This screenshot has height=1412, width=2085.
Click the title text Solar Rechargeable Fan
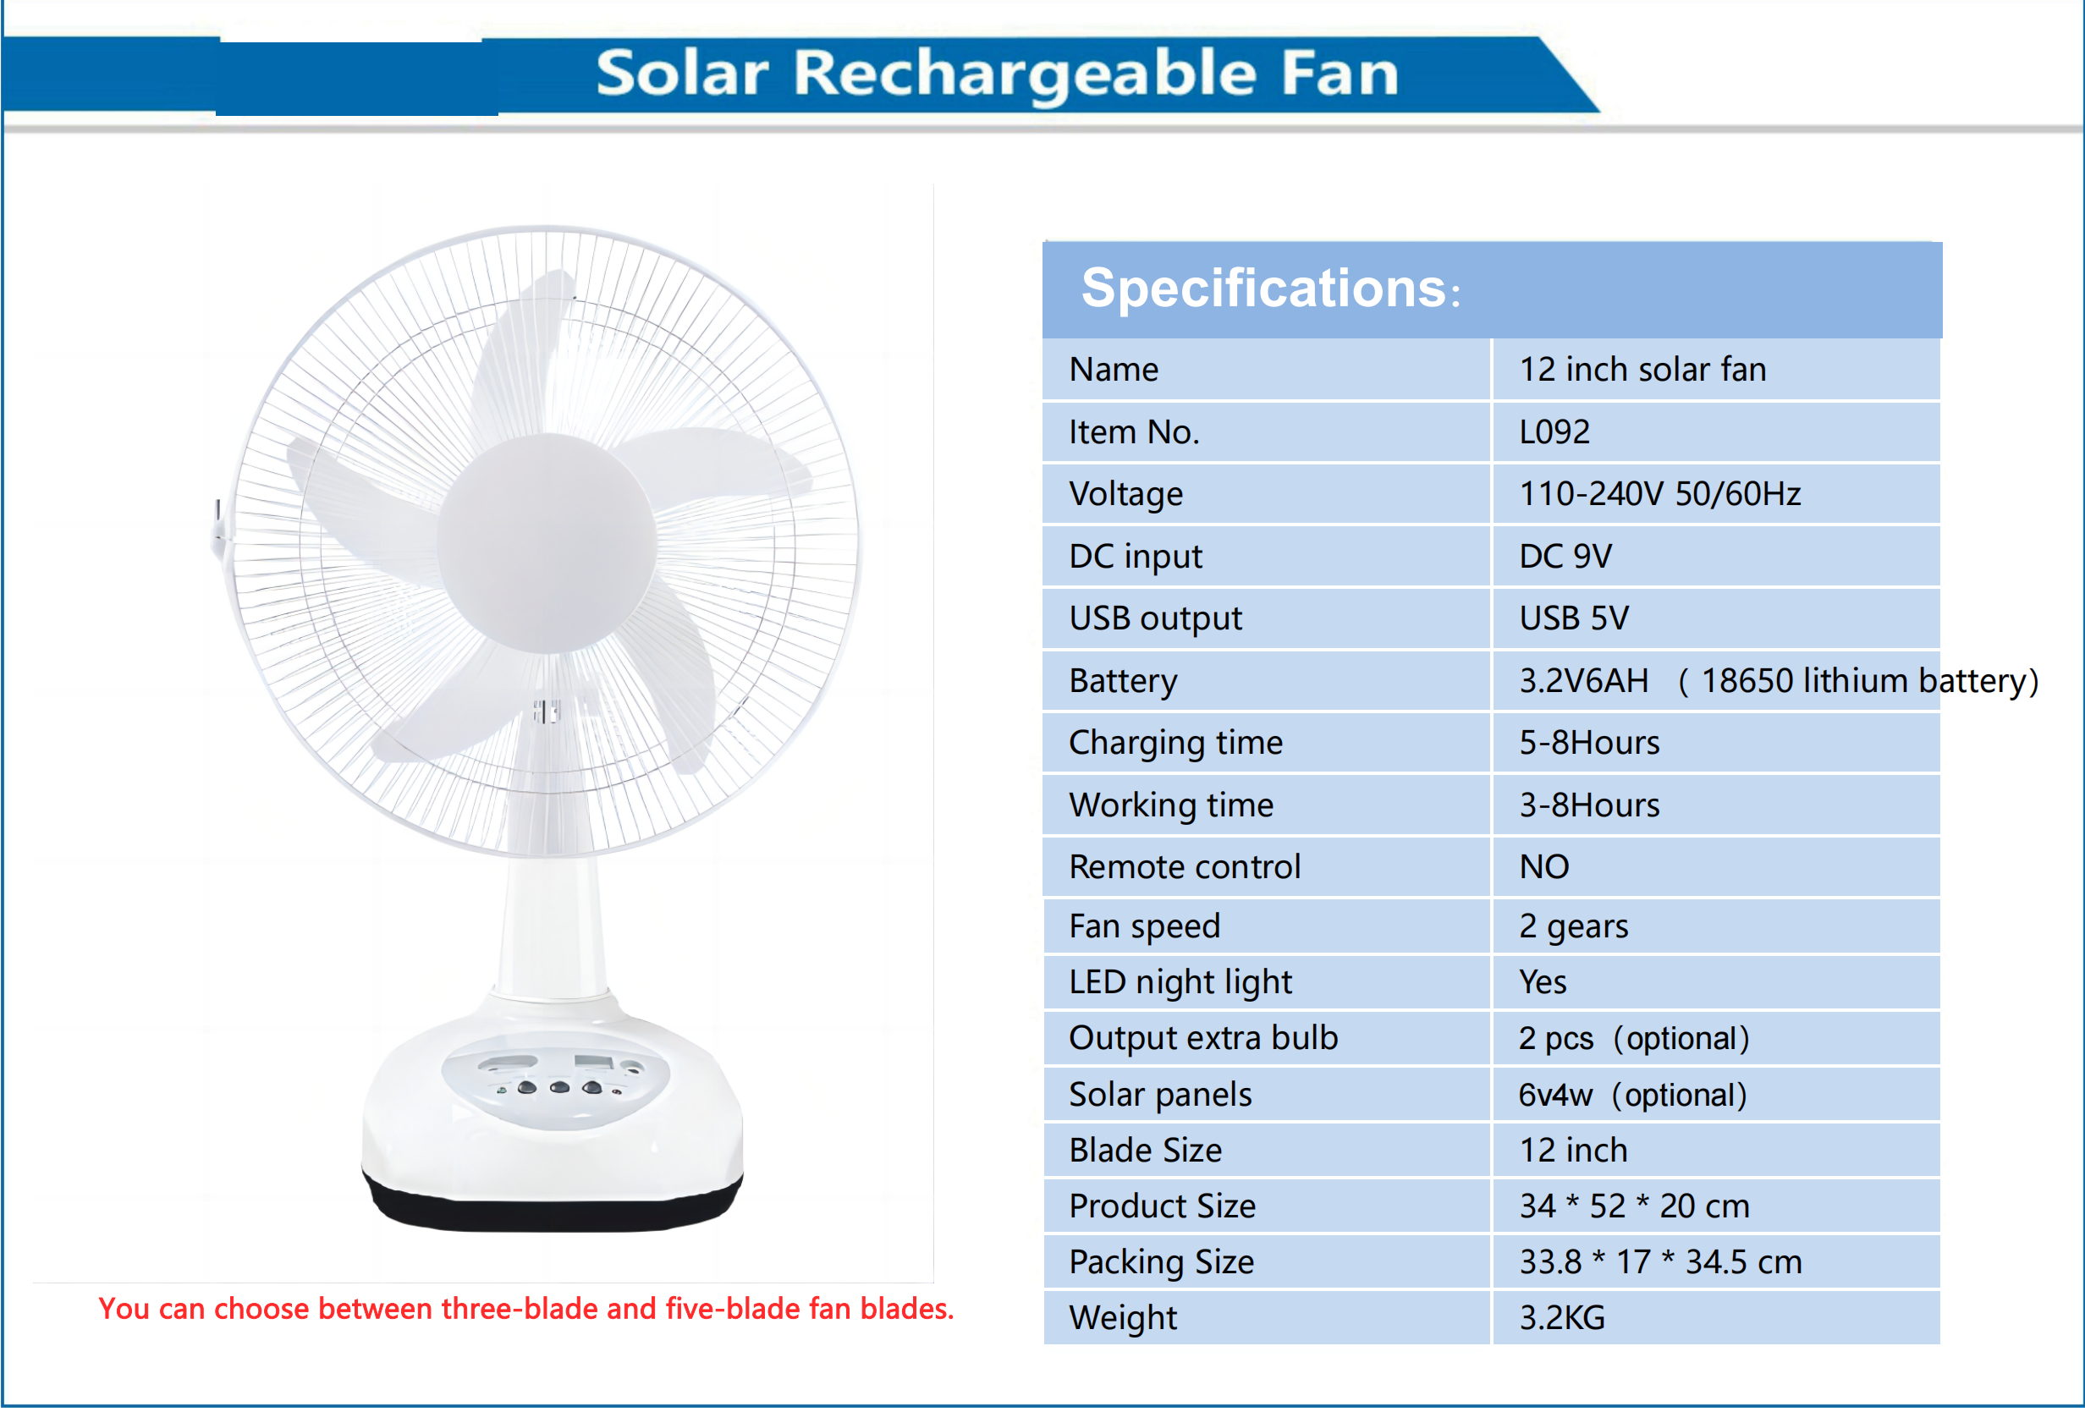tap(997, 73)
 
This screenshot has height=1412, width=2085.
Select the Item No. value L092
tap(1554, 432)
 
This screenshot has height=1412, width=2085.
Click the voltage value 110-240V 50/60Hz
tap(1659, 494)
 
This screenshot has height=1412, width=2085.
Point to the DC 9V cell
tap(1565, 556)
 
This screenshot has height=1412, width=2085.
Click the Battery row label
tap(1122, 681)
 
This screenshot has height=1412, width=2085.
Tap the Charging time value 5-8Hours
tap(1588, 743)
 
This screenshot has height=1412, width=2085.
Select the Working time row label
tap(1171, 805)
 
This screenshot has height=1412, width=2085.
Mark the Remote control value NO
tap(1543, 866)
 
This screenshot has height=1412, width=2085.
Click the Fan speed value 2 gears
tap(1573, 926)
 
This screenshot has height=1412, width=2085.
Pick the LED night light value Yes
tap(1543, 982)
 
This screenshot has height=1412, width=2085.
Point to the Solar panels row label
tap(1160, 1095)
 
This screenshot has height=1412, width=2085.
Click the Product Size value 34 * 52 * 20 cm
tap(1634, 1206)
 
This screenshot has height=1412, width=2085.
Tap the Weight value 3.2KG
tap(1561, 1318)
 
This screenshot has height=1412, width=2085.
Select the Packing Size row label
tap(1161, 1262)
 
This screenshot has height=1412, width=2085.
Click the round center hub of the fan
tap(547, 543)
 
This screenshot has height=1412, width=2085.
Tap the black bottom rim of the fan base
tap(552, 1211)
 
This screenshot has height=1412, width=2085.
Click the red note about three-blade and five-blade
tap(525, 1309)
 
